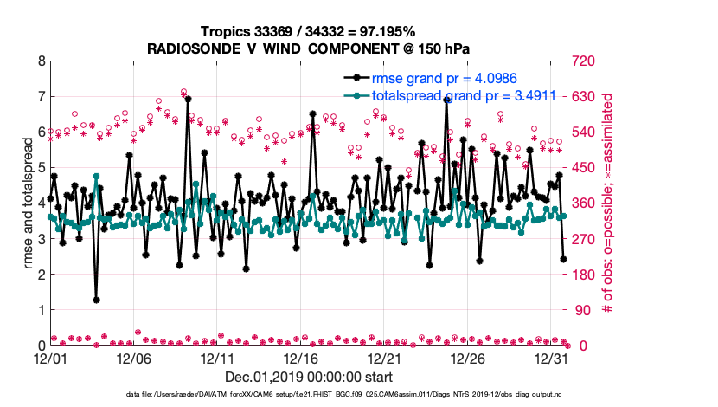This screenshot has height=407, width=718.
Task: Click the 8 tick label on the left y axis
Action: pos(41,61)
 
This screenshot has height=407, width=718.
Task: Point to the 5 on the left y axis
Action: pos(41,168)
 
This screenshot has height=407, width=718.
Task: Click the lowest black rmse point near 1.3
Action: pos(96,300)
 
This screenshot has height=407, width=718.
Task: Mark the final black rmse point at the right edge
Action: pos(563,259)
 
